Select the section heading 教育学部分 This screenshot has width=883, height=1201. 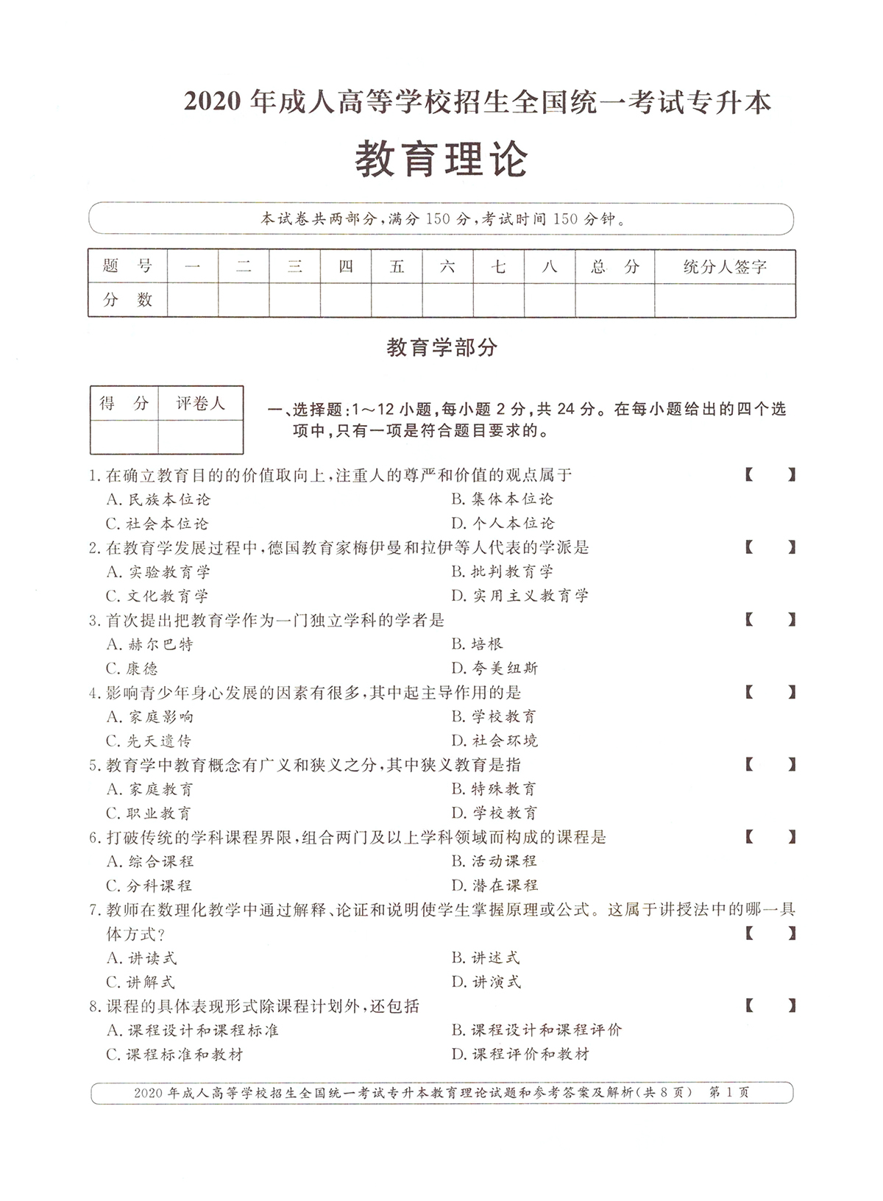pos(441,347)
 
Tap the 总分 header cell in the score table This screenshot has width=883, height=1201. pos(614,266)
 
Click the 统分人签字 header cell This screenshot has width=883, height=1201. pos(725,266)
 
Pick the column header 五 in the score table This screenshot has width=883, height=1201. pos(397,266)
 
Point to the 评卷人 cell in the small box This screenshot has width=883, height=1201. pos(200,403)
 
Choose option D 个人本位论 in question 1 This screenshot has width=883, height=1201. pos(503,523)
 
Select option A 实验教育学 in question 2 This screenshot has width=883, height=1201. pos(158,571)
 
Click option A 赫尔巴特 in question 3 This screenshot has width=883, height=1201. pos(150,644)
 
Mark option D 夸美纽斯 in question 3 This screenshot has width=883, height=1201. pos(495,668)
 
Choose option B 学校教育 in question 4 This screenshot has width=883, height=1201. pos(494,716)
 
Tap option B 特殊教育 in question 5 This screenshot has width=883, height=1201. pos(494,789)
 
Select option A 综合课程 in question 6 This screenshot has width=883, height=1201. pos(150,861)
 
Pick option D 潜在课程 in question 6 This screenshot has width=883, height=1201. pos(495,885)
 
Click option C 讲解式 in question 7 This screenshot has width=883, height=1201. pos(141,982)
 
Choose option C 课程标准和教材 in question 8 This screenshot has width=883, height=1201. pos(175,1054)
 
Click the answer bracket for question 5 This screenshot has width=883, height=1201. pos(770,765)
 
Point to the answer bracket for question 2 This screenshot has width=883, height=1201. pos(770,547)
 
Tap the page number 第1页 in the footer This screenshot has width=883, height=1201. pos(728,1093)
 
